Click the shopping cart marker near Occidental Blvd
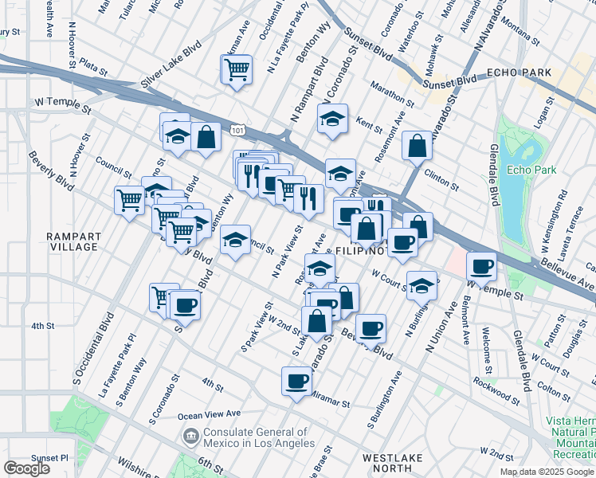tap(237, 70)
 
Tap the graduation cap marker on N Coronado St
tap(331, 119)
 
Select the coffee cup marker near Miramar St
tap(297, 380)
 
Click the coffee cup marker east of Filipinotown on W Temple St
tap(480, 265)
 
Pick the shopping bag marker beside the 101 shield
tap(206, 135)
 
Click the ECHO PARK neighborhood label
tap(523, 72)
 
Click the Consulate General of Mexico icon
tap(190, 435)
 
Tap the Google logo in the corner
tap(26, 468)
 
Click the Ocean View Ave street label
tap(209, 414)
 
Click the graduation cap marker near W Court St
tap(422, 286)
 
